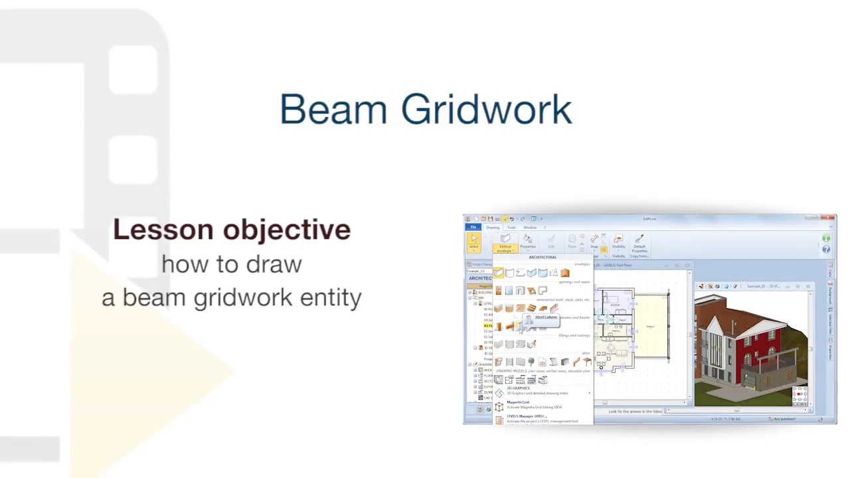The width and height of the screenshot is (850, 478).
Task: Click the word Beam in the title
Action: (x=333, y=110)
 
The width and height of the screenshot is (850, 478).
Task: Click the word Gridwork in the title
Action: (x=486, y=110)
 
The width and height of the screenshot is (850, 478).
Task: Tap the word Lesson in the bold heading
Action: (x=163, y=230)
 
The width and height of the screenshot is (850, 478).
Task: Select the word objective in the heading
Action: (x=287, y=230)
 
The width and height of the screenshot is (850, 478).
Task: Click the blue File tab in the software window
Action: (x=473, y=228)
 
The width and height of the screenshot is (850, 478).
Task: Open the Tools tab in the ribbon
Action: (x=511, y=228)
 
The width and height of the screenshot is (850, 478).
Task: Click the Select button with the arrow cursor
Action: (x=473, y=241)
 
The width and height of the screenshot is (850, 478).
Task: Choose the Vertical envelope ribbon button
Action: (x=505, y=243)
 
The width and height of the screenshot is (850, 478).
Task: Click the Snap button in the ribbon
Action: (x=594, y=242)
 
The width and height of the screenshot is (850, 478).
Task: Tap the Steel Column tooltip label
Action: (x=546, y=317)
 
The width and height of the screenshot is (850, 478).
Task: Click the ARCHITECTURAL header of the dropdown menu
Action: (x=543, y=258)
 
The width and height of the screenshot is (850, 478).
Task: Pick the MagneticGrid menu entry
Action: (x=518, y=402)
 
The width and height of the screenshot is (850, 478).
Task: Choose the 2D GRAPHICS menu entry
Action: (x=518, y=388)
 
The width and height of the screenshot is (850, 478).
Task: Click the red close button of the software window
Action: (x=829, y=218)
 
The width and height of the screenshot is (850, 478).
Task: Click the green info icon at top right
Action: (x=826, y=238)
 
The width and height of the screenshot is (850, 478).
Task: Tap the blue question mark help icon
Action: (x=826, y=250)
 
